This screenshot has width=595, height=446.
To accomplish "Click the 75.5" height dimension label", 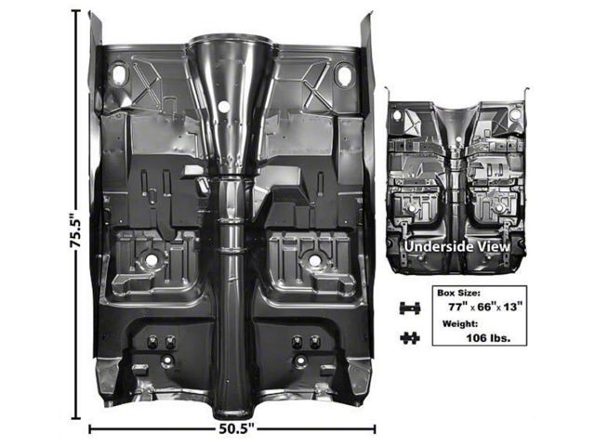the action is tap(76, 229).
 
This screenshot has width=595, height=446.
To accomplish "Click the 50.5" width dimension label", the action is tap(236, 429).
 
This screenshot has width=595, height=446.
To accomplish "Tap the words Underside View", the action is tap(456, 246).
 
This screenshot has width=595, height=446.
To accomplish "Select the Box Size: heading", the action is tap(458, 293).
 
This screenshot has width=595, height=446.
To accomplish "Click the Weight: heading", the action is tap(460, 324).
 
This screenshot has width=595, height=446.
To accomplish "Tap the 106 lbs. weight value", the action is tap(488, 337).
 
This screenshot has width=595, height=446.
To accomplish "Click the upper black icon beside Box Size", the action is tap(410, 308).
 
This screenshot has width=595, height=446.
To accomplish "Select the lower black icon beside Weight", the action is tap(410, 337).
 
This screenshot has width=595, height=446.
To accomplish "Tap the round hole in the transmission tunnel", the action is tap(224, 106).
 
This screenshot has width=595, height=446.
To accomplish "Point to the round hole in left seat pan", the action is tap(151, 260).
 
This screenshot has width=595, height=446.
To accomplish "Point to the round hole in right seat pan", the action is tap(314, 260).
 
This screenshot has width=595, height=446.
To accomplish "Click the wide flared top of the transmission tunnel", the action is tap(231, 40).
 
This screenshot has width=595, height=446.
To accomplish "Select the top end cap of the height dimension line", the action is tap(76, 11).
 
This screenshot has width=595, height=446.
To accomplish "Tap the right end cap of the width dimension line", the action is tap(375, 429).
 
